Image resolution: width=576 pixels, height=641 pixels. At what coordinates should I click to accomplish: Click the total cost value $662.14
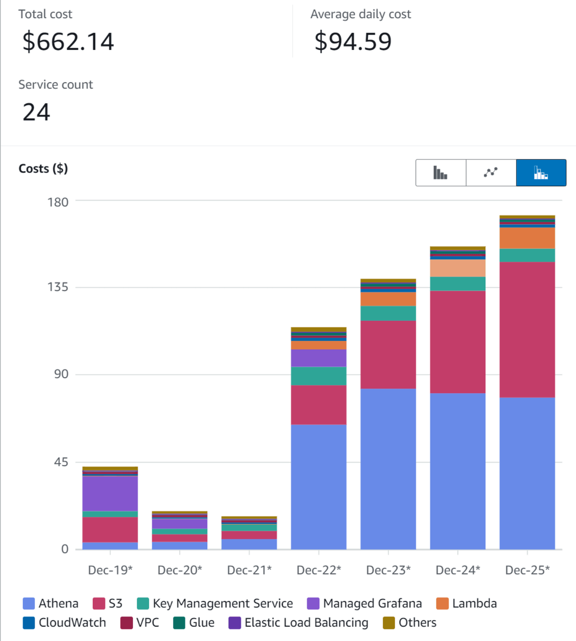pyautogui.click(x=68, y=42)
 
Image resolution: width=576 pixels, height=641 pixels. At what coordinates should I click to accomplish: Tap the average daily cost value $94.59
pyautogui.click(x=353, y=42)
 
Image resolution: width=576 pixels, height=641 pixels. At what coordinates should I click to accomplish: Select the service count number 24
pyautogui.click(x=36, y=112)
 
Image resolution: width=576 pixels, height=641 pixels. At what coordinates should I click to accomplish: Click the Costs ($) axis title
pyautogui.click(x=43, y=169)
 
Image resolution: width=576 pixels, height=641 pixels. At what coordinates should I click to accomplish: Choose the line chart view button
pyautogui.click(x=491, y=173)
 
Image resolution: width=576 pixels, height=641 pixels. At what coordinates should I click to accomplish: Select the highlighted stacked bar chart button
pyautogui.click(x=541, y=173)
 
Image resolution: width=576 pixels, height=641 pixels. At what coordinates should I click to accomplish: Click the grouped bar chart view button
pyautogui.click(x=441, y=173)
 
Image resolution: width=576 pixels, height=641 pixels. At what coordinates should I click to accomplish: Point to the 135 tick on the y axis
pyautogui.click(x=58, y=287)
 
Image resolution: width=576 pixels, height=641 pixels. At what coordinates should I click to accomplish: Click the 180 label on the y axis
pyautogui.click(x=58, y=202)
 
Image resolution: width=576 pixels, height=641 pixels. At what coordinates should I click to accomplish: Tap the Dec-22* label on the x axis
pyautogui.click(x=319, y=570)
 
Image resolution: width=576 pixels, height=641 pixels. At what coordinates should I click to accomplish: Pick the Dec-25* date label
pyautogui.click(x=527, y=570)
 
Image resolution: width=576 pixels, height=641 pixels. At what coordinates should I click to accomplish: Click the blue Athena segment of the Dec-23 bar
pyautogui.click(x=388, y=468)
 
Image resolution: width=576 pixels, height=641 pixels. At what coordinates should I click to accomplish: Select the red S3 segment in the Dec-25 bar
pyautogui.click(x=527, y=329)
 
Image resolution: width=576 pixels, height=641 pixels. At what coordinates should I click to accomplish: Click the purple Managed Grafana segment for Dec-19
pyautogui.click(x=110, y=493)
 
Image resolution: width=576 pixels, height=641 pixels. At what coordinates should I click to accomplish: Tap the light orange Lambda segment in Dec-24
pyautogui.click(x=457, y=268)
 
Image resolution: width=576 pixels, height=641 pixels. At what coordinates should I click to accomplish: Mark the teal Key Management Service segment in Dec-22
pyautogui.click(x=319, y=376)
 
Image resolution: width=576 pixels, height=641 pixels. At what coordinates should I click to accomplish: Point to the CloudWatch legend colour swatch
pyautogui.click(x=29, y=623)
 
